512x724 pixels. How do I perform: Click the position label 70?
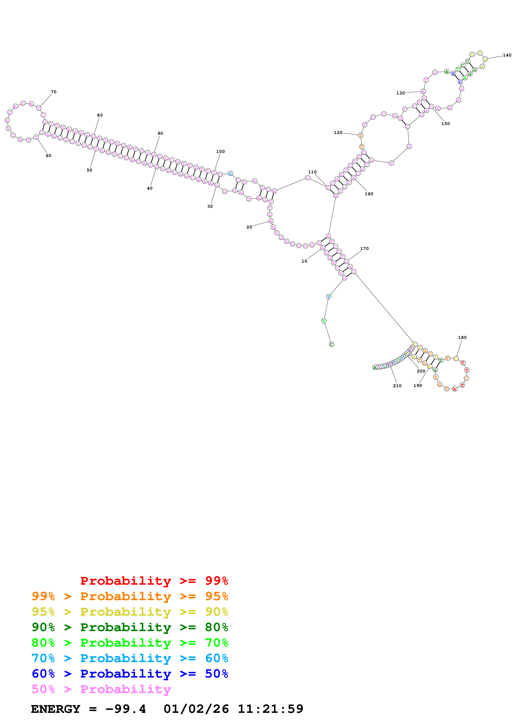pos(54,92)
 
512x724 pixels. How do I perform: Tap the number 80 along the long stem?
pos(100,115)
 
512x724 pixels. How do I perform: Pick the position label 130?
pos(400,93)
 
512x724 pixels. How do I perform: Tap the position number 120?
pos(338,133)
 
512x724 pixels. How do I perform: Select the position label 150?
pos(445,124)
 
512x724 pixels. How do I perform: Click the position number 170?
pos(364,249)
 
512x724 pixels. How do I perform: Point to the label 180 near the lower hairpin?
pos(462,338)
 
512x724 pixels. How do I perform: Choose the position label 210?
pos(397,386)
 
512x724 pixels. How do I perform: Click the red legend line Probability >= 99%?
pos(154,581)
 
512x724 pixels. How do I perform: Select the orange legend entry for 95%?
pos(130,596)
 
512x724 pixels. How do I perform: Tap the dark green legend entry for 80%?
pos(130,627)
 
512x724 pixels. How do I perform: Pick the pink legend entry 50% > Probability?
pos(101,689)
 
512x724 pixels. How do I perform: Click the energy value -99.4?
pos(126,709)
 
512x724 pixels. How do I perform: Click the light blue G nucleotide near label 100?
pos(230,174)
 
